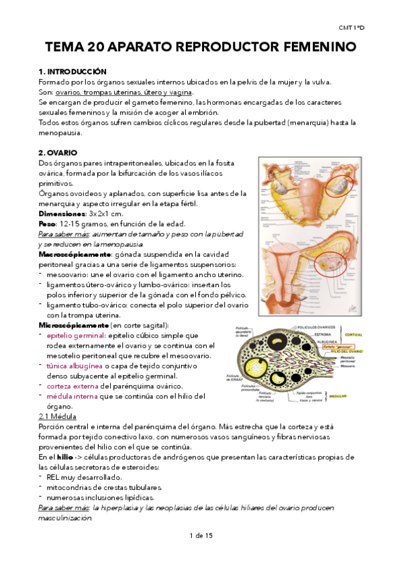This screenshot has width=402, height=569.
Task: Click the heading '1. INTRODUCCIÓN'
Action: [72, 72]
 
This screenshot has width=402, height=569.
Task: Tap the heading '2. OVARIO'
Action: [59, 153]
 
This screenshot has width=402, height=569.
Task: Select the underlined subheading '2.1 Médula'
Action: [58, 417]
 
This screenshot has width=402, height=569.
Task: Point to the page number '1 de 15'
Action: [201, 535]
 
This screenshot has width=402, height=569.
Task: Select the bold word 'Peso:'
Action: [48, 223]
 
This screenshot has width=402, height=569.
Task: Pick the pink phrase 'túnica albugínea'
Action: [74, 366]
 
